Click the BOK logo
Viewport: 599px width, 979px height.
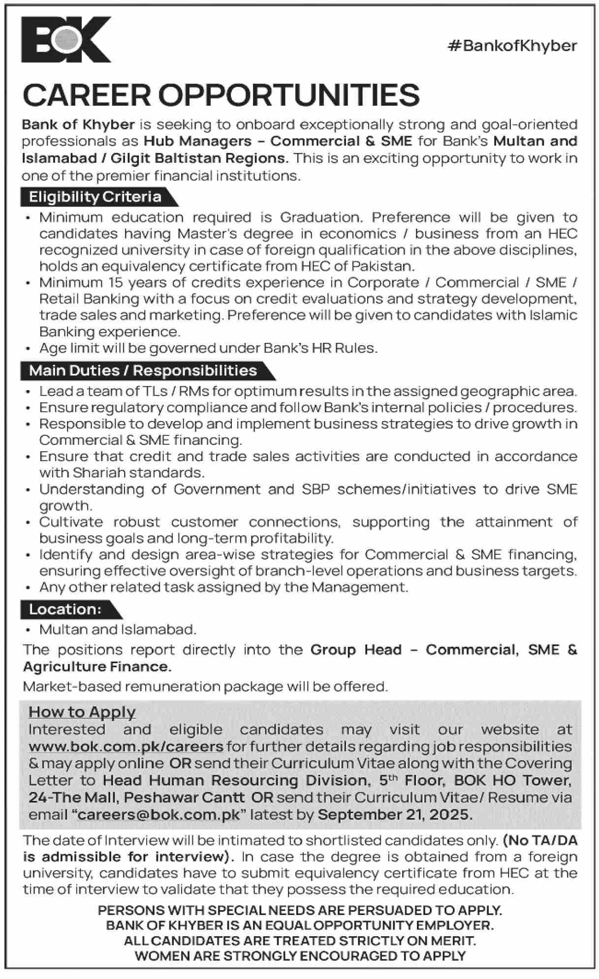(x=66, y=39)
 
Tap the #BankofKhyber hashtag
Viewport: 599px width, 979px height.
(x=512, y=46)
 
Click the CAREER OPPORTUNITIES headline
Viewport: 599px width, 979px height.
(x=221, y=94)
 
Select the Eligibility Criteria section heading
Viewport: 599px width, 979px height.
(x=95, y=197)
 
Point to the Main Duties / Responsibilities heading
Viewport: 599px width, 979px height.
(x=143, y=370)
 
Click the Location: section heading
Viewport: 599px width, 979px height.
(x=65, y=609)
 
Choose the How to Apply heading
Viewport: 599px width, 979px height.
(x=82, y=712)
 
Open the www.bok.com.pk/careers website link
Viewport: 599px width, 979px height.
(x=126, y=746)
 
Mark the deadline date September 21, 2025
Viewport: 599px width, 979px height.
(x=395, y=814)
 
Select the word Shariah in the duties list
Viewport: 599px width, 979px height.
(x=97, y=473)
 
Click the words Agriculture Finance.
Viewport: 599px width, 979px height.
(x=97, y=667)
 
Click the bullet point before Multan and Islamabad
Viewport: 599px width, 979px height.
(x=29, y=630)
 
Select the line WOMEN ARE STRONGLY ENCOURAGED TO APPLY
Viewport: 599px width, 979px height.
(x=300, y=956)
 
